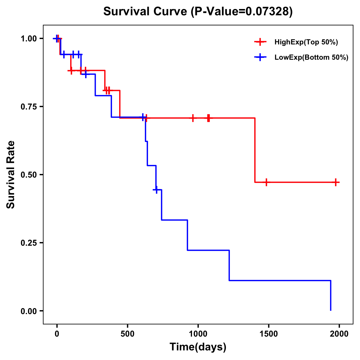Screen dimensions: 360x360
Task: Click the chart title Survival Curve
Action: (x=146, y=11)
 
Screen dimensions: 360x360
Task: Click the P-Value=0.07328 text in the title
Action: (x=242, y=11)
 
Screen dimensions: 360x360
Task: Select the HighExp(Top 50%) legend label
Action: (x=306, y=42)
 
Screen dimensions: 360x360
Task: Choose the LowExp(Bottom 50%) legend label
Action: (x=311, y=58)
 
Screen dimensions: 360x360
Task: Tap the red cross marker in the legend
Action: (x=260, y=42)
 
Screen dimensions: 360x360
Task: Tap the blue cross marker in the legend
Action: (x=260, y=58)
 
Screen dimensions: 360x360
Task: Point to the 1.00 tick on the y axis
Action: (x=28, y=38)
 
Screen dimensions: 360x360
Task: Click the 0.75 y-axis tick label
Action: (x=28, y=106)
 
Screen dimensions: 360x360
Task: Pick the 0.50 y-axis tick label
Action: (x=28, y=175)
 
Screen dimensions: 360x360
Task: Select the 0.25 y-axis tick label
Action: (x=28, y=243)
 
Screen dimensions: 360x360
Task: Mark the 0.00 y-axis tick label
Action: (x=28, y=311)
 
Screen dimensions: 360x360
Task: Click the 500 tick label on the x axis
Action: (x=127, y=334)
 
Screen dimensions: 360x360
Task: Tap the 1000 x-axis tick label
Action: (x=198, y=334)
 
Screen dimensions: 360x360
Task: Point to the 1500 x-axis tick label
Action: (x=268, y=334)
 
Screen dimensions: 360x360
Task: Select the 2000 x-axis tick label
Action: (x=339, y=334)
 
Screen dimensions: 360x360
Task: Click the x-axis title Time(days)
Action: (x=198, y=347)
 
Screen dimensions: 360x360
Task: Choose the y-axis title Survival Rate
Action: (x=11, y=175)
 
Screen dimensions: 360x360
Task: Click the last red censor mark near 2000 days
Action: (x=336, y=182)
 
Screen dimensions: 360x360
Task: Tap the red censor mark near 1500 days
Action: (x=266, y=182)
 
